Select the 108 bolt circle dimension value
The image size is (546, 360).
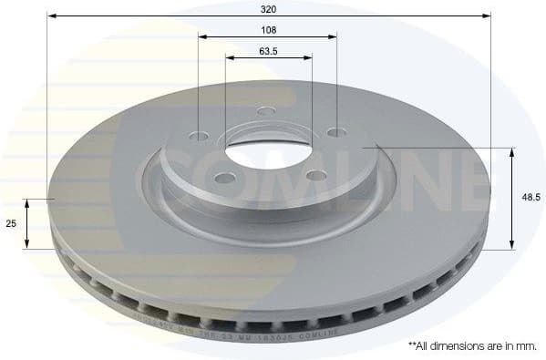(x=268, y=29)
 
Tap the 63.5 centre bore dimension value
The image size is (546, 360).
(x=268, y=50)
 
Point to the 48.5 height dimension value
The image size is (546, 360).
(x=530, y=196)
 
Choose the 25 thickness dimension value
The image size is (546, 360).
(x=12, y=223)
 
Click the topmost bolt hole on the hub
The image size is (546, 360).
(x=266, y=112)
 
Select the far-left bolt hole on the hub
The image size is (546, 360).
(x=201, y=138)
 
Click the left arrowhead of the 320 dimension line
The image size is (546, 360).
(x=51, y=16)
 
